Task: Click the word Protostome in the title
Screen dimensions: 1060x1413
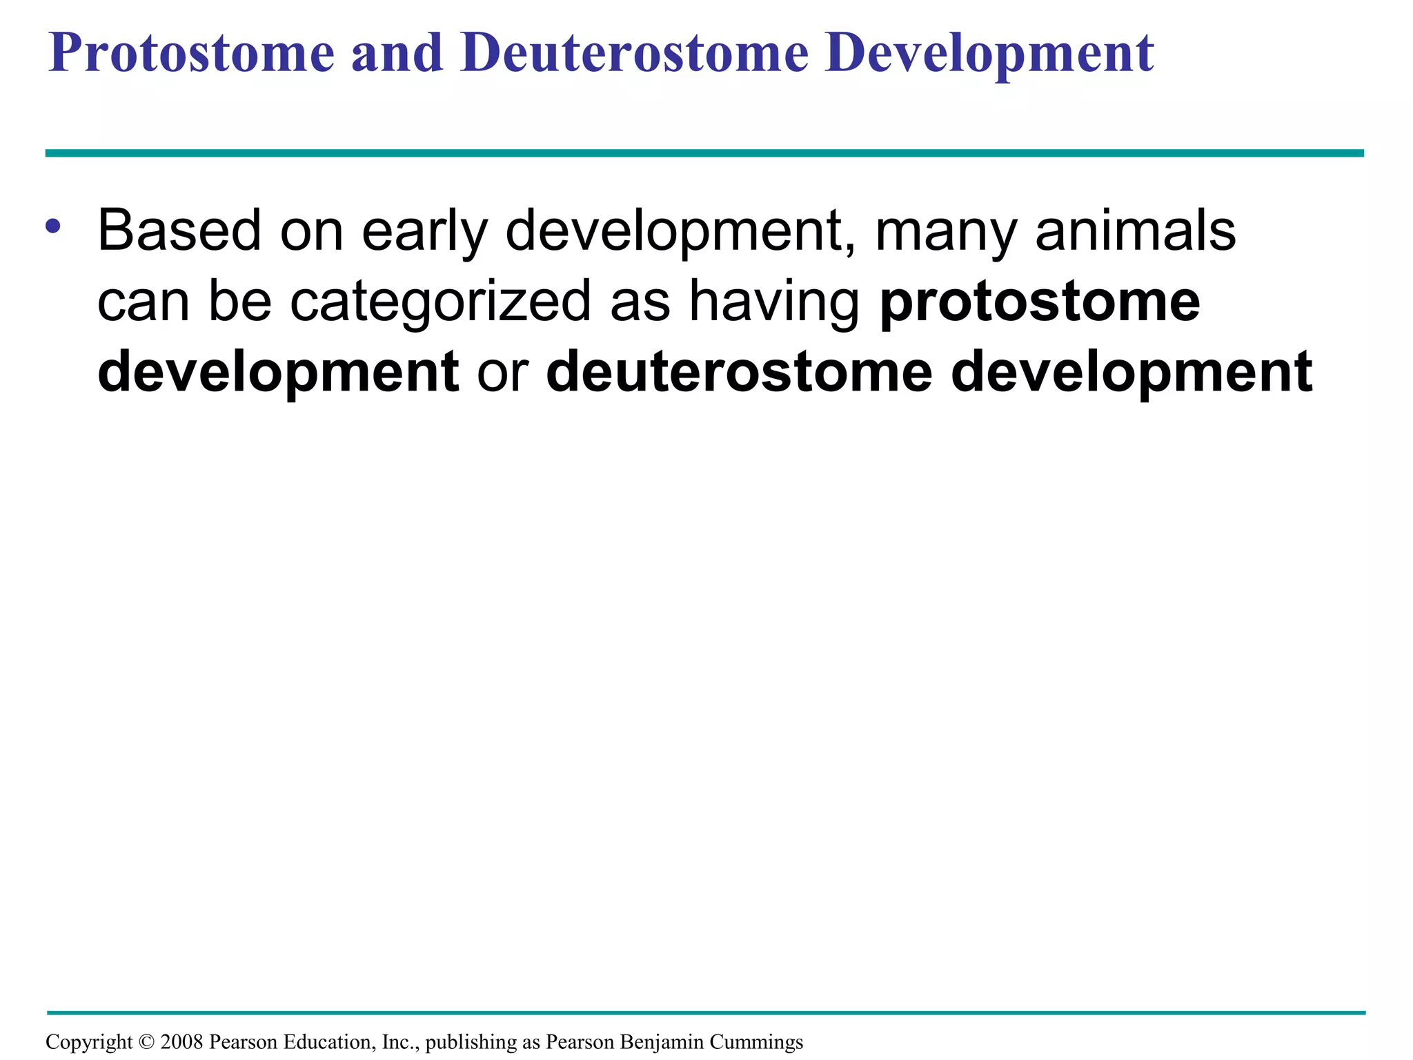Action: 191,53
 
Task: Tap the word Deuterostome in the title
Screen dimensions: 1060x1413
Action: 634,53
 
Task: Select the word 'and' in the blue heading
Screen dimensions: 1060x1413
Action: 397,53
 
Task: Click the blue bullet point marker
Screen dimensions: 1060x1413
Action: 53,226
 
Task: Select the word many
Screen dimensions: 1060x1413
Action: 946,231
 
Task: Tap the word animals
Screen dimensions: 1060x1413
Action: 1136,231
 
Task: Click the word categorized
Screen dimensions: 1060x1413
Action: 440,302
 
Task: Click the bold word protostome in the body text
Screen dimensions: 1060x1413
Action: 1040,302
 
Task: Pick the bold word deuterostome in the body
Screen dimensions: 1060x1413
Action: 739,372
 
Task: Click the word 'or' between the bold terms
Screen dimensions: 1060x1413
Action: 502,372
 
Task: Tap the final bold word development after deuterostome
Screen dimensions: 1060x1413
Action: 1132,372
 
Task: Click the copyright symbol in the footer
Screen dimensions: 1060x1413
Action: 146,1042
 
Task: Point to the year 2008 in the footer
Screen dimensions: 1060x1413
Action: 181,1042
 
